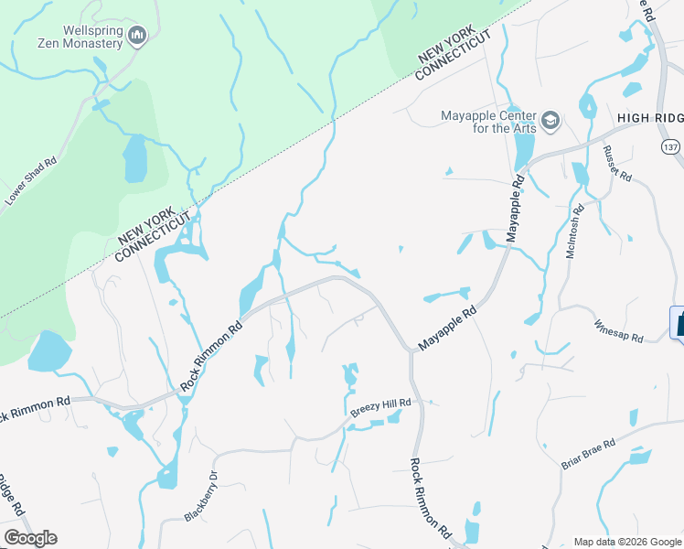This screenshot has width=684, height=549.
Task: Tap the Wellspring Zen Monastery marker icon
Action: click(x=138, y=36)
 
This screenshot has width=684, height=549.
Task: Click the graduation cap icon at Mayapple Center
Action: click(x=550, y=120)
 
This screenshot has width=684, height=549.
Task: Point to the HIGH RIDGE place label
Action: click(x=649, y=118)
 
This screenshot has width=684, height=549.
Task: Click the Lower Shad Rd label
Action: click(x=31, y=180)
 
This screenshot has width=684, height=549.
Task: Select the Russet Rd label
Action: click(x=618, y=164)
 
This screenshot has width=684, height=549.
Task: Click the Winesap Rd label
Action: click(x=618, y=330)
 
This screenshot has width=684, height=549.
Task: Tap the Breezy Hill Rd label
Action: click(x=381, y=408)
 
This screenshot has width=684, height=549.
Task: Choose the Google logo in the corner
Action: click(x=30, y=538)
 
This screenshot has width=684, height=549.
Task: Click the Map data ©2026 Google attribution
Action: click(x=627, y=542)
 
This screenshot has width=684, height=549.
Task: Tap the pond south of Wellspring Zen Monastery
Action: click(x=134, y=159)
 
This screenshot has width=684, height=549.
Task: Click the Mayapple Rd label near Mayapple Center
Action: click(x=517, y=196)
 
